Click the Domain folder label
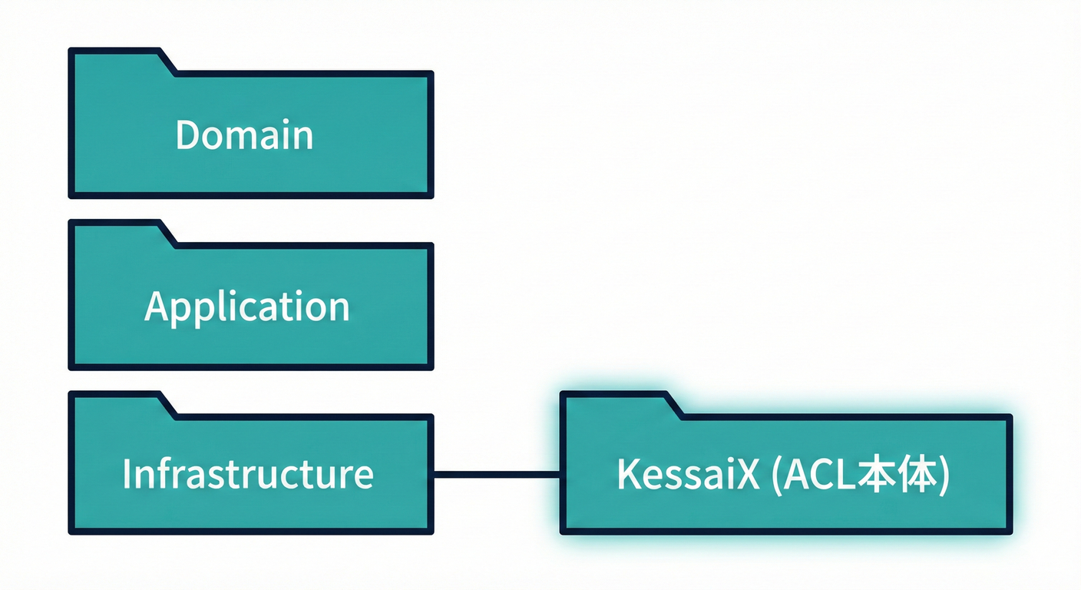point(244,135)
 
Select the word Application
point(246,307)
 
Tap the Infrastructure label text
point(247,474)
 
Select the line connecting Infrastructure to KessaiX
point(497,474)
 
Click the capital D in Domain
point(188,135)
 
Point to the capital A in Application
point(157,306)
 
